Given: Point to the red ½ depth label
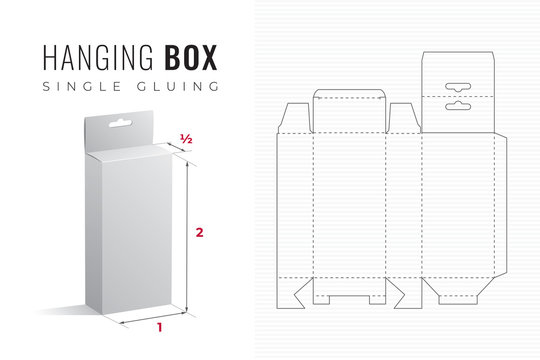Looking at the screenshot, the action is point(185,138).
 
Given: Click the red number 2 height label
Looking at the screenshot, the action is point(200,233).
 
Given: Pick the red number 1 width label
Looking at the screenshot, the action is point(158,326).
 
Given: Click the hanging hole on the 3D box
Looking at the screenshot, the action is point(123,126).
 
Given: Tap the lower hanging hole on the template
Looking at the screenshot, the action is point(460,103).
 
